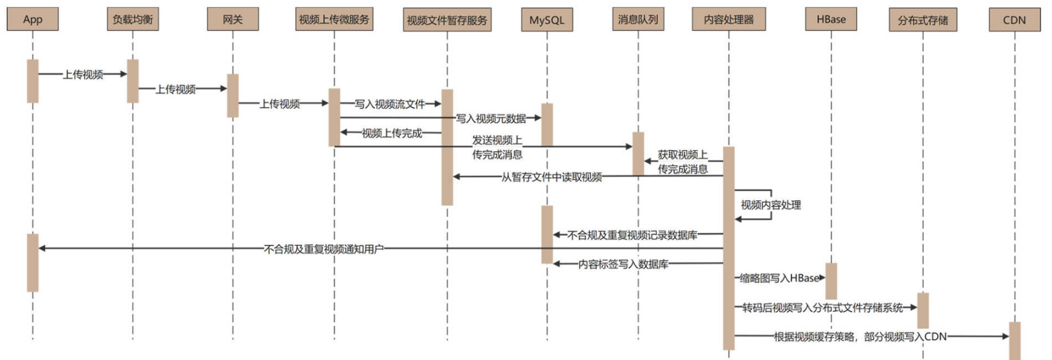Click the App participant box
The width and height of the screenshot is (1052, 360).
(x=33, y=20)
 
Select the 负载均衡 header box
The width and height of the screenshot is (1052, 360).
(x=132, y=20)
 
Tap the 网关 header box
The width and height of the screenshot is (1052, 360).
(x=233, y=20)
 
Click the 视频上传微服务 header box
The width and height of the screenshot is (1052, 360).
(x=334, y=20)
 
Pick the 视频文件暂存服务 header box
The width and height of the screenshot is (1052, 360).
(x=447, y=20)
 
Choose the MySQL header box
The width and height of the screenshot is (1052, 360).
(x=547, y=20)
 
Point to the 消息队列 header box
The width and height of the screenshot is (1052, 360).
(x=638, y=20)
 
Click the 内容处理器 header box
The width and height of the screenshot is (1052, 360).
(x=729, y=20)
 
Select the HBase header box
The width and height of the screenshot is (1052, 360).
(x=831, y=20)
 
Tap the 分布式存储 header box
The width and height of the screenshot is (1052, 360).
(x=923, y=20)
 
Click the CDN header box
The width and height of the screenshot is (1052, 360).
(x=1014, y=20)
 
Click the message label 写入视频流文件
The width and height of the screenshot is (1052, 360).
(x=390, y=104)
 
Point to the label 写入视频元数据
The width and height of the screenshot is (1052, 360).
(x=491, y=119)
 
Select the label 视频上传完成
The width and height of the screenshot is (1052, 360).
(x=392, y=133)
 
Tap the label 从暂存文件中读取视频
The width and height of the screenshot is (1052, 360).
(x=552, y=177)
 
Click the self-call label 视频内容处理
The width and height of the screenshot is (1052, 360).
(x=771, y=205)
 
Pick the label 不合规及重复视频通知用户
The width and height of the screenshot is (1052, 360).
(x=324, y=249)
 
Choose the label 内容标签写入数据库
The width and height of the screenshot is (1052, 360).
(x=623, y=264)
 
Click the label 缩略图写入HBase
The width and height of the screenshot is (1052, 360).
(x=780, y=278)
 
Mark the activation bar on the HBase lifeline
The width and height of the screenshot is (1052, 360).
(x=831, y=281)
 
